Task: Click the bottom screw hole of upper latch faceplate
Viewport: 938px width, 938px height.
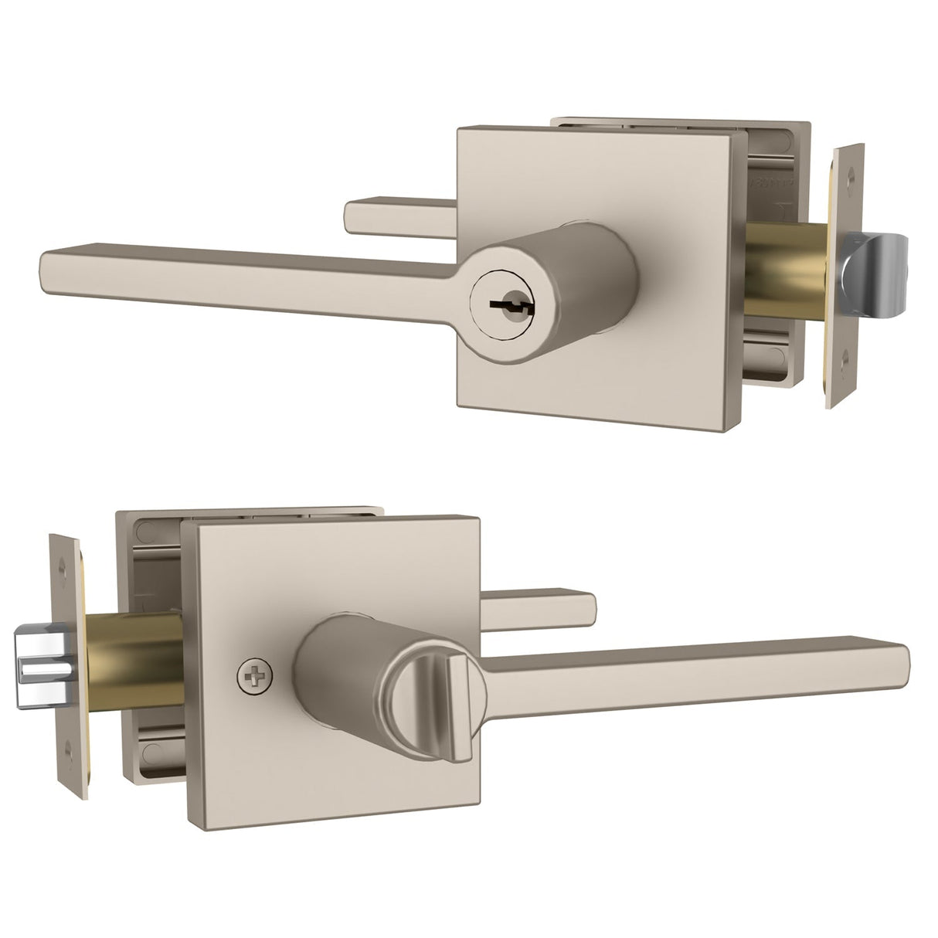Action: [843, 357]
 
